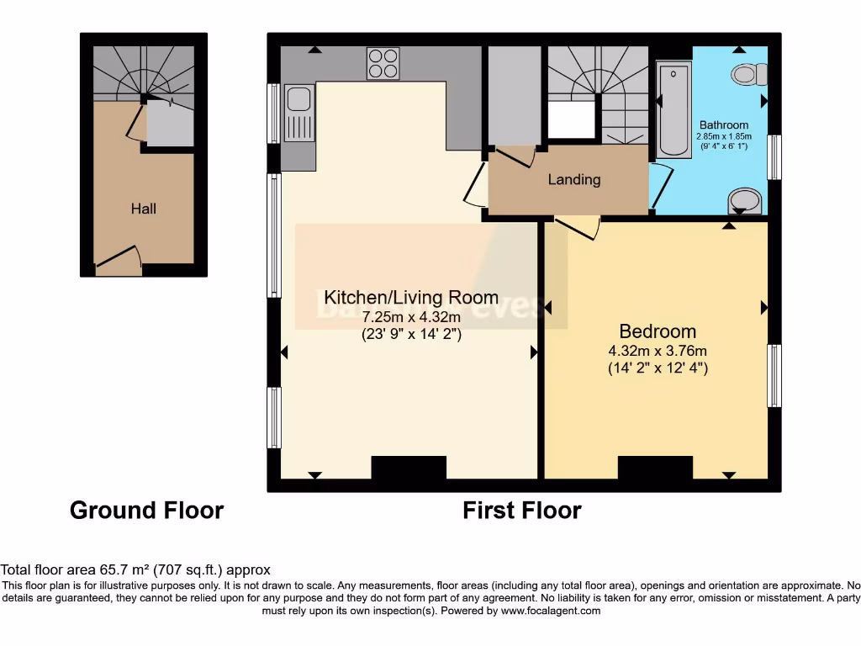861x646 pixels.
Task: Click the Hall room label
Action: click(143, 209)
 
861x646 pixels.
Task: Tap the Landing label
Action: click(574, 179)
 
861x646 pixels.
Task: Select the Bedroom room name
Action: click(658, 331)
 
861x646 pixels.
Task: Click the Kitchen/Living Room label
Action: click(411, 297)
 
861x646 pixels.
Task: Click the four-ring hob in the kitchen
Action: click(383, 63)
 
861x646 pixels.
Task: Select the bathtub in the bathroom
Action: click(673, 109)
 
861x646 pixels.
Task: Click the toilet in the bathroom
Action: click(747, 75)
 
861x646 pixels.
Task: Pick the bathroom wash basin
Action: click(745, 200)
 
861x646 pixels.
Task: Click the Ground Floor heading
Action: click(146, 511)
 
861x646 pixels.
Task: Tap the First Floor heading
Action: click(521, 511)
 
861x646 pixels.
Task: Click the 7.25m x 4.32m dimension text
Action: click(411, 318)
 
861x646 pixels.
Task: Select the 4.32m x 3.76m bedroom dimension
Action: click(658, 352)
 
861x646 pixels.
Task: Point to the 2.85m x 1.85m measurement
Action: click(724, 136)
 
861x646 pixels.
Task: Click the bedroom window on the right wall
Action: click(774, 375)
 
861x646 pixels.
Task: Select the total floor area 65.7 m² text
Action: click(135, 569)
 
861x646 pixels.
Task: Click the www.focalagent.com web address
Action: click(550, 611)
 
